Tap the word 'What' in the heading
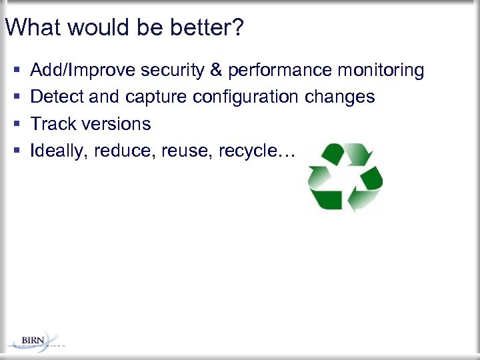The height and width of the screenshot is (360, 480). (x=31, y=28)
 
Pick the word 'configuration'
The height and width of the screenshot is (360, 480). (x=247, y=97)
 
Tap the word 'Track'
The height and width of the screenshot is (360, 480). (x=53, y=124)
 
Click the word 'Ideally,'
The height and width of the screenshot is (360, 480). (x=60, y=151)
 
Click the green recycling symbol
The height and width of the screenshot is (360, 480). (x=345, y=177)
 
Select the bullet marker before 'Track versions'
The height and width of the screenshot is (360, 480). (x=15, y=124)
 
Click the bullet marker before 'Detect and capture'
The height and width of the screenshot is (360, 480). (x=15, y=97)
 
